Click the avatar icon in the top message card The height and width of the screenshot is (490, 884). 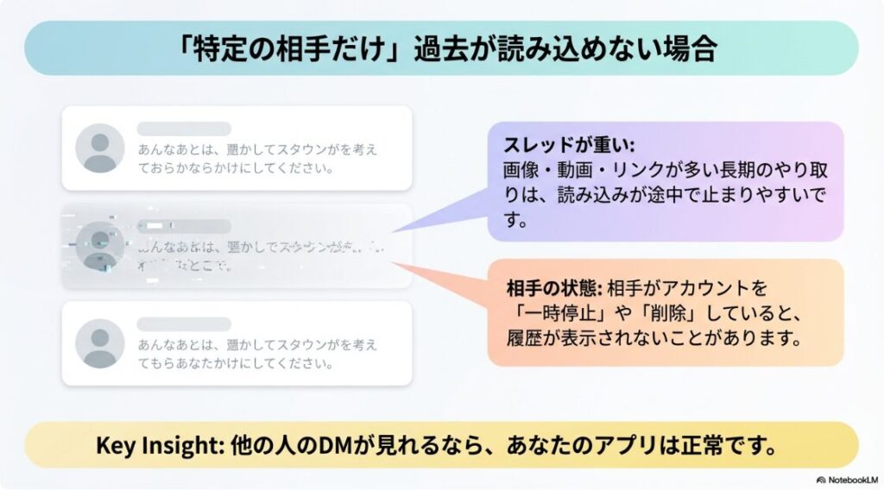click(x=100, y=148)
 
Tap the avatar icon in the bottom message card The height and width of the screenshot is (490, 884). click(x=100, y=342)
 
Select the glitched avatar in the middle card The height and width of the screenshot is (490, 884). click(x=100, y=246)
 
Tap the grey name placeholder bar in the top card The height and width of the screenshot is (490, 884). click(x=184, y=129)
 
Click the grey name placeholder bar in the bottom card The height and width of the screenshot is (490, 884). click(x=184, y=324)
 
